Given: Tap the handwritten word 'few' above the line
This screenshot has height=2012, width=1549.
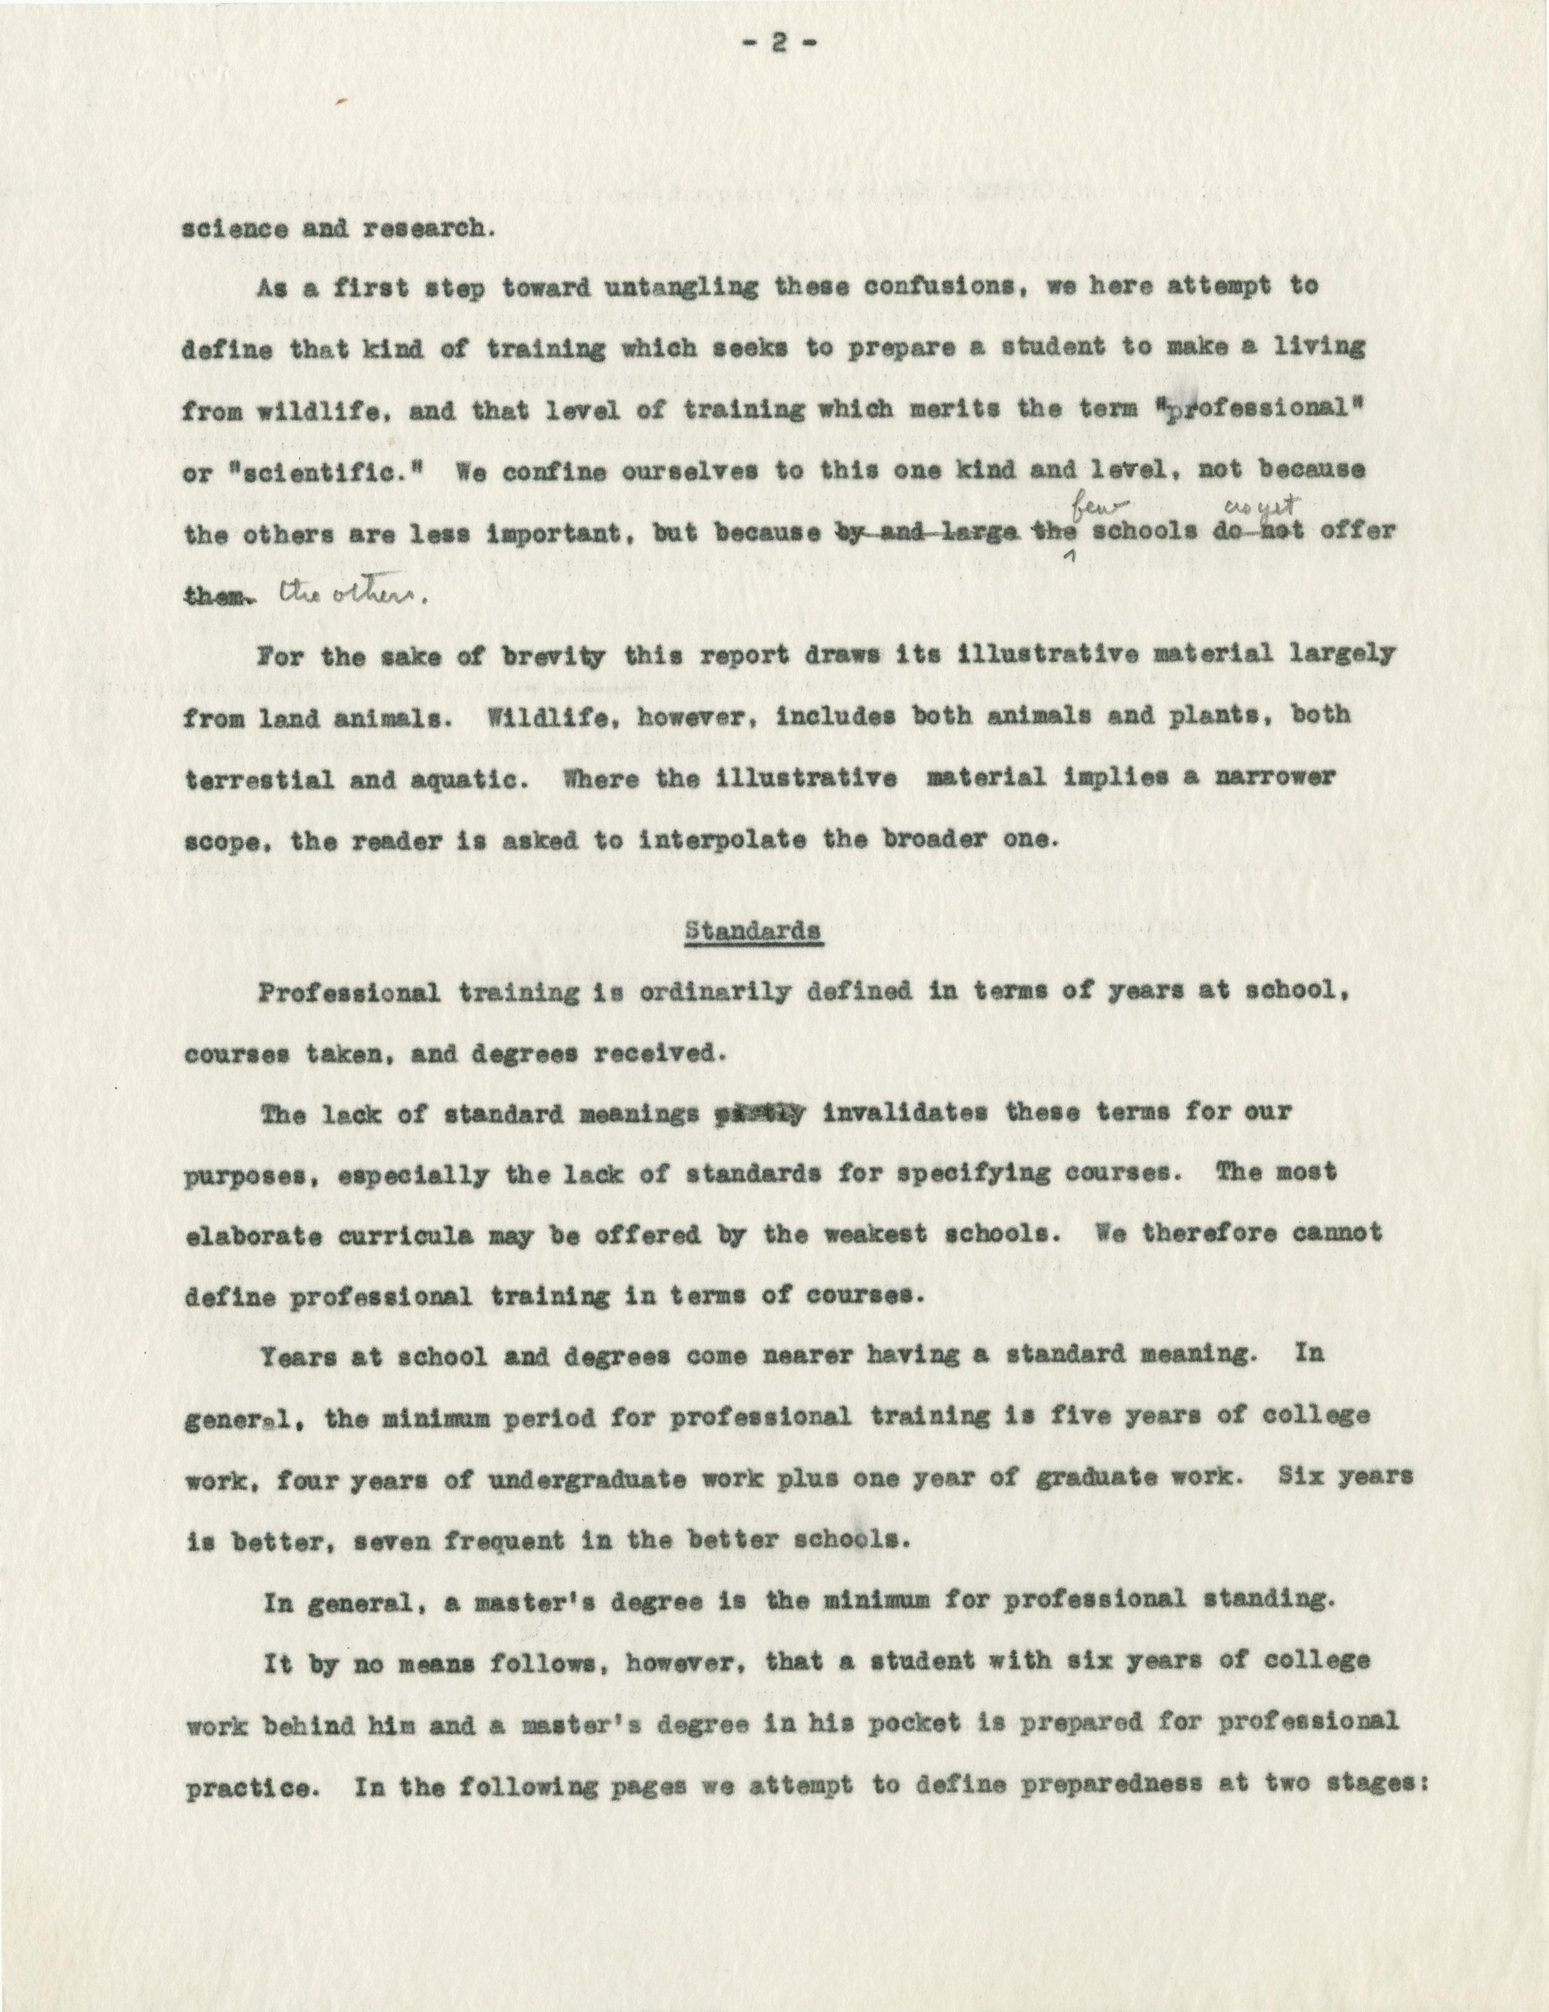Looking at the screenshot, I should coord(1093,503).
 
